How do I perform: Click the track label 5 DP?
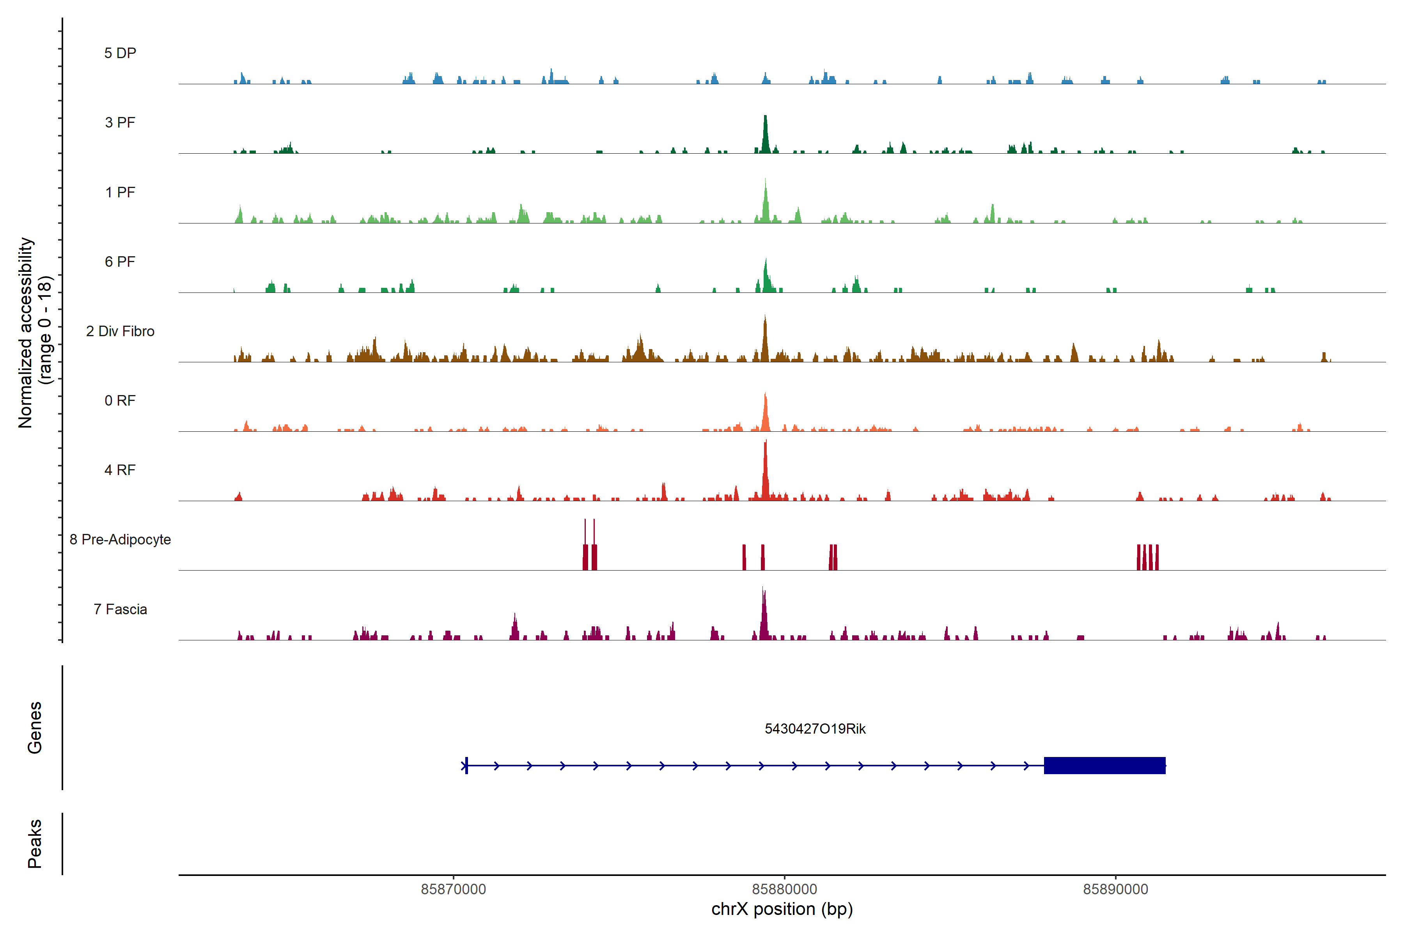coord(120,53)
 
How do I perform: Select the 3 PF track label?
coord(120,122)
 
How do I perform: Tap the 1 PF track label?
coord(120,192)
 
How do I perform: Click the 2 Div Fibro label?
coord(120,331)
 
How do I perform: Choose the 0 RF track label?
coord(120,401)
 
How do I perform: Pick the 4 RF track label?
coord(120,470)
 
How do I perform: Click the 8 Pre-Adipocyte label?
coord(120,540)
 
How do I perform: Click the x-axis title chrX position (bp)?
coord(782,909)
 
